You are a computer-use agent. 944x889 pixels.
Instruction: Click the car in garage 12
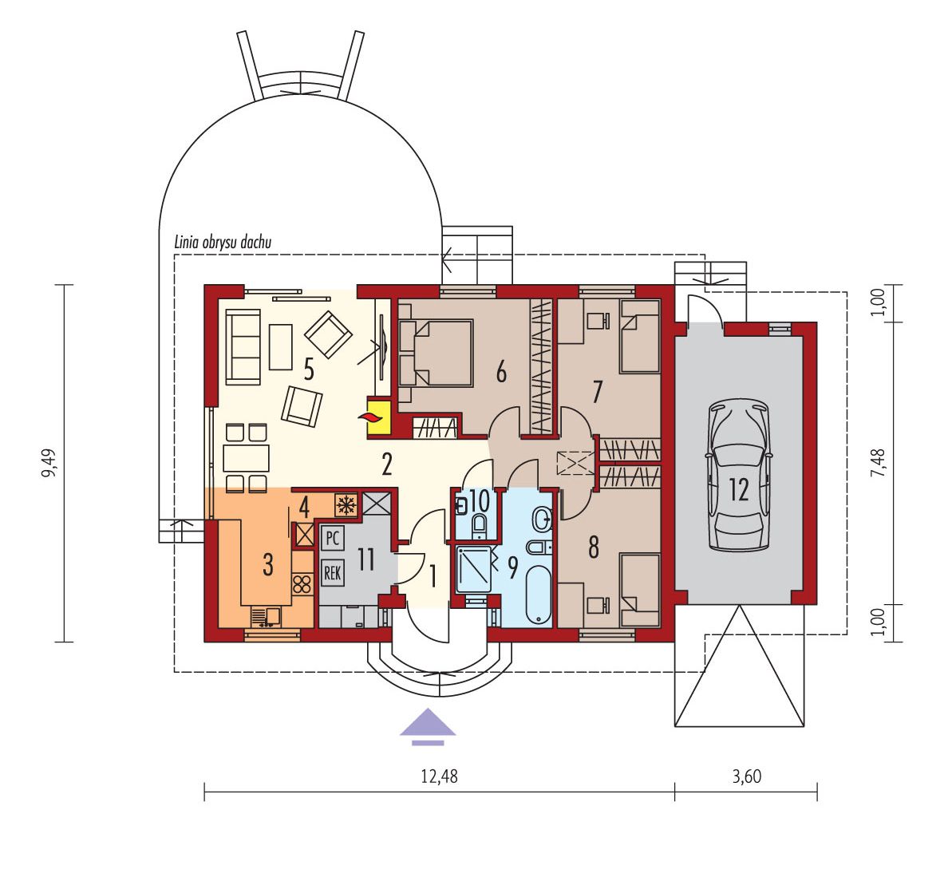click(x=739, y=475)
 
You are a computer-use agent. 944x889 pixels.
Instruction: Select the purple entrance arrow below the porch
click(x=428, y=726)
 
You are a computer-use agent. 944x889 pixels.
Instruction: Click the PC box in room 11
click(x=332, y=538)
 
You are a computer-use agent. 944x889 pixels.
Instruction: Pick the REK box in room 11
click(x=332, y=572)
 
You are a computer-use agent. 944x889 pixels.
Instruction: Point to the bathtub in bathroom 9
click(x=538, y=594)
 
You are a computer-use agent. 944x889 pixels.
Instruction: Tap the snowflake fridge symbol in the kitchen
click(x=346, y=504)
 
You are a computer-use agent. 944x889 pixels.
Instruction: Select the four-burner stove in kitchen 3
click(x=302, y=584)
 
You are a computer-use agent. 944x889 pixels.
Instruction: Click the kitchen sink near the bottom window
click(x=266, y=616)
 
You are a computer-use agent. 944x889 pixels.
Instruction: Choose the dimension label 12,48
click(x=439, y=776)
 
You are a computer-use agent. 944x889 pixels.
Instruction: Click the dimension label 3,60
click(x=747, y=776)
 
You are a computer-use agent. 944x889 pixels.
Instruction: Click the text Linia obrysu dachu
click(x=222, y=243)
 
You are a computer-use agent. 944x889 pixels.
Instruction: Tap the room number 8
click(x=594, y=547)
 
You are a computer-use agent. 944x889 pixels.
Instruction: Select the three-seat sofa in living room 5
click(x=243, y=346)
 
